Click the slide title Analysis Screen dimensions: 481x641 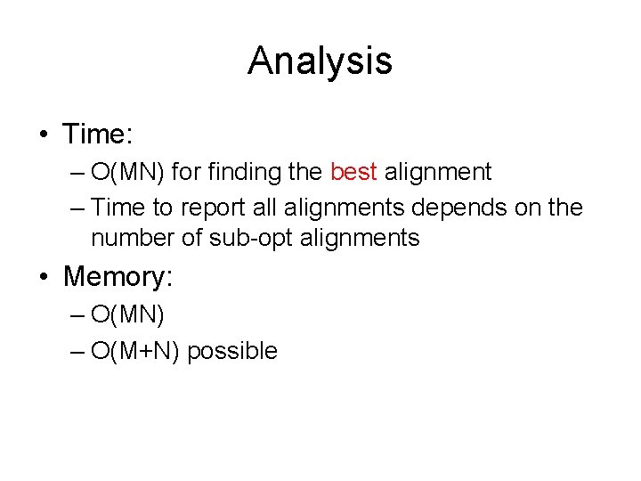(x=320, y=61)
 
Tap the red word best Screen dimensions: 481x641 (x=353, y=171)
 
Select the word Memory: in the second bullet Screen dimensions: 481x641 (x=118, y=276)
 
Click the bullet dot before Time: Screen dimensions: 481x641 (x=44, y=135)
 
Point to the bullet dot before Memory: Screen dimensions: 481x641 (x=44, y=277)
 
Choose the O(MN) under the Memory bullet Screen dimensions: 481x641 (x=128, y=314)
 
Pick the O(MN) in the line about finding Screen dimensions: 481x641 (x=128, y=171)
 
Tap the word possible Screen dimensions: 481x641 (x=232, y=351)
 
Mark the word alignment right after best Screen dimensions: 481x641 (x=437, y=171)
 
